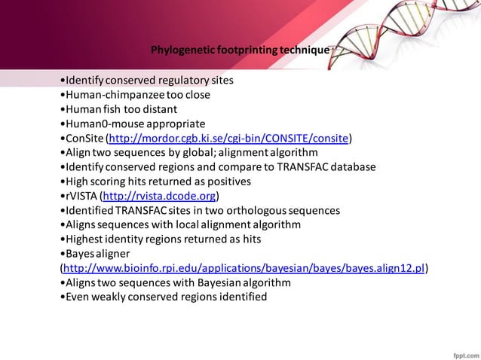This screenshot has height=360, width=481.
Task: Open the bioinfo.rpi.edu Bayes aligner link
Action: (244, 268)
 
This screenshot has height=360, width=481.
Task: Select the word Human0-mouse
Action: (100, 124)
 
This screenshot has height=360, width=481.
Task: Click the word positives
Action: (230, 182)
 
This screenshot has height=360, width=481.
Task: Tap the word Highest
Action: (84, 239)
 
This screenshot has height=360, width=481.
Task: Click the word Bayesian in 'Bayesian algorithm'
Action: (213, 282)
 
